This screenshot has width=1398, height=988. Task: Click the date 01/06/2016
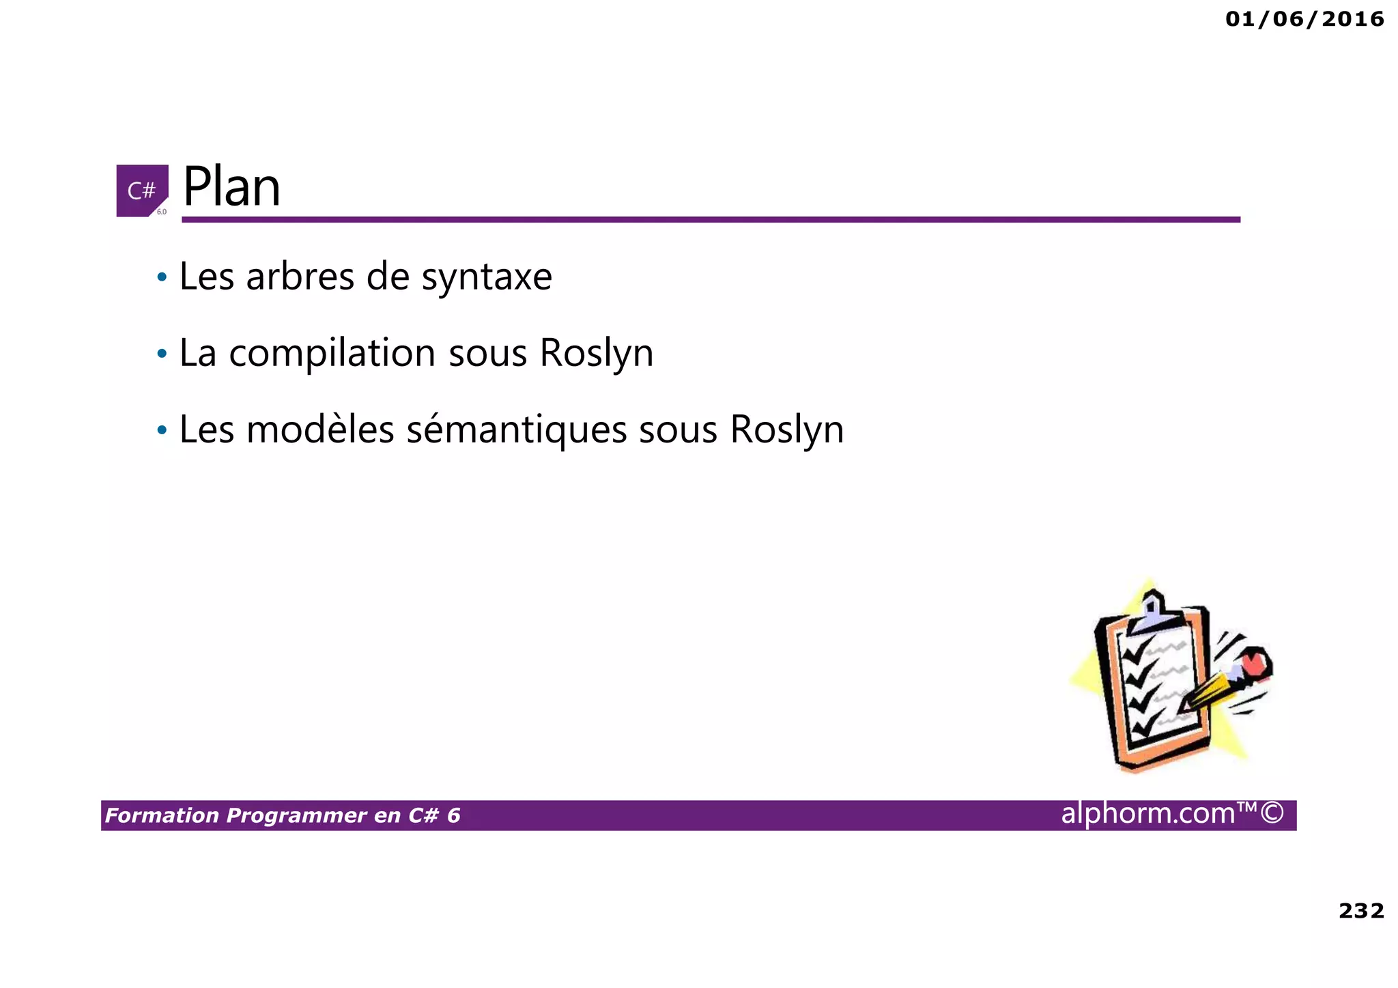(x=1304, y=19)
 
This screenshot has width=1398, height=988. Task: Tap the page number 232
(x=1361, y=911)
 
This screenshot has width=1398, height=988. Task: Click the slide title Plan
(x=231, y=187)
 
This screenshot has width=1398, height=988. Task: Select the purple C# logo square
(x=141, y=190)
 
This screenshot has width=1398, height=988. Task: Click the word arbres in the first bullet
(x=300, y=277)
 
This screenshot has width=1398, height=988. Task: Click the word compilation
(x=332, y=354)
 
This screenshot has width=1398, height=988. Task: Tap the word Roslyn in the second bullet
(x=596, y=354)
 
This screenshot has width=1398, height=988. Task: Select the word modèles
(x=320, y=430)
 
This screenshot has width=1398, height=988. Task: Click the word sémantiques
(x=516, y=430)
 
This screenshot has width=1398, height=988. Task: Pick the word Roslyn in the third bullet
(x=786, y=430)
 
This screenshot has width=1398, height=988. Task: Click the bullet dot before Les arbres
(x=162, y=278)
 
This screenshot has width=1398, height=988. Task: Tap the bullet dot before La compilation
(x=162, y=354)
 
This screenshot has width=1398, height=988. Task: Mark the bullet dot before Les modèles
(x=162, y=431)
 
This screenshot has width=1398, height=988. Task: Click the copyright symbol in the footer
(x=1272, y=814)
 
